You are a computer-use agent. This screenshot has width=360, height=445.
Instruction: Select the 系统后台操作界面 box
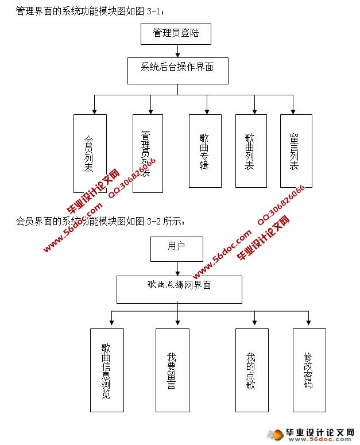[177, 71]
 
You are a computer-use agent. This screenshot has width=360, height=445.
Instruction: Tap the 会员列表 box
[90, 153]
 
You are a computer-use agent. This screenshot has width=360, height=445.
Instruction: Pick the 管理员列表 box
[148, 153]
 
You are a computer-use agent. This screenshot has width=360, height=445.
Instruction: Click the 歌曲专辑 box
[205, 151]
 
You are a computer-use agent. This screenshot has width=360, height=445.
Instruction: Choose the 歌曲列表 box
[251, 151]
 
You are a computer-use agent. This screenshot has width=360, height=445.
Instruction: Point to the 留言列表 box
[296, 151]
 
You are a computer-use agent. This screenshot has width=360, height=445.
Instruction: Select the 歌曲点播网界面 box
[179, 289]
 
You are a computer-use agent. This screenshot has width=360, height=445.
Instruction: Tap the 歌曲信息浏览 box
[107, 370]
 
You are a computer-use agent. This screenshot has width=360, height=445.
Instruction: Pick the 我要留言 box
[172, 370]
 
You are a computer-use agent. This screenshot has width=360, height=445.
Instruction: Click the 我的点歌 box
[252, 370]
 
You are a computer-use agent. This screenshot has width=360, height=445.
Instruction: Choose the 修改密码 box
[309, 370]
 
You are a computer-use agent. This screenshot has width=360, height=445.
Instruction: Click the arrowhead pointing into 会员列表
[94, 111]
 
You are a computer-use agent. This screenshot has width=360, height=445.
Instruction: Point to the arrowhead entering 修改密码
[309, 325]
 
